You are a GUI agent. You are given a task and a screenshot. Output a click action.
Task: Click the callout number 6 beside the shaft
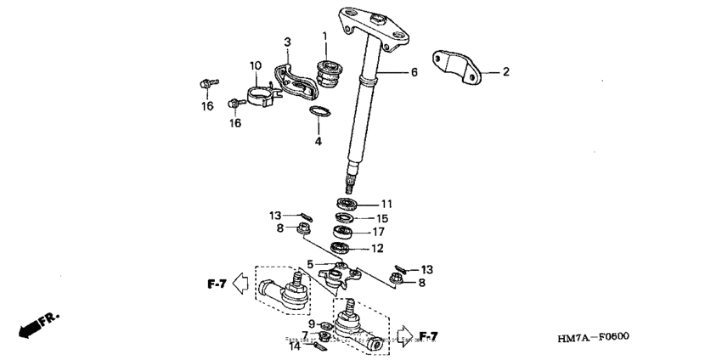pyautogui.click(x=414, y=73)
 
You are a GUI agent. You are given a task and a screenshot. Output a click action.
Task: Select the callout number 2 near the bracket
pyautogui.click(x=505, y=72)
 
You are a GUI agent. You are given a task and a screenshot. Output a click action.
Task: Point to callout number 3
pyautogui.click(x=287, y=42)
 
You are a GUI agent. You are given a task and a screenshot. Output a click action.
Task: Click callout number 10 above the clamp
pyautogui.click(x=255, y=65)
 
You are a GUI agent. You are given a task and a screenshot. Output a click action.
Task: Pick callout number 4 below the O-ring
pyautogui.click(x=318, y=142)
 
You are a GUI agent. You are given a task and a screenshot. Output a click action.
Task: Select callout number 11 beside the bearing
pyautogui.click(x=386, y=204)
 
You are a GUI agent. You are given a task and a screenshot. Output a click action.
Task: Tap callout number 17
pyautogui.click(x=378, y=232)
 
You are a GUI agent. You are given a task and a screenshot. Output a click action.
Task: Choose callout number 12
pyautogui.click(x=377, y=249)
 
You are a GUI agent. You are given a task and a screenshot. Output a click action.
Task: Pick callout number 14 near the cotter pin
pyautogui.click(x=294, y=346)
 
